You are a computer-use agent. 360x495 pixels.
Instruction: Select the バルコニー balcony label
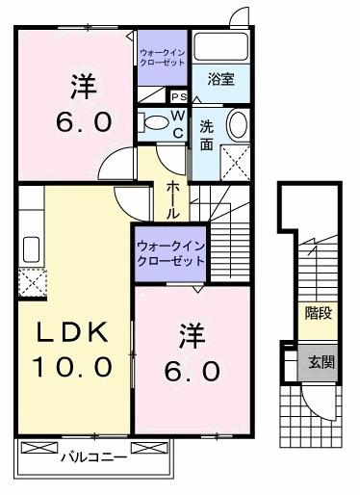coord(93,458)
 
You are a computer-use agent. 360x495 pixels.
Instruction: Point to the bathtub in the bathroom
coord(219,46)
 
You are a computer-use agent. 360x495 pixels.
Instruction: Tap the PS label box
coord(178,96)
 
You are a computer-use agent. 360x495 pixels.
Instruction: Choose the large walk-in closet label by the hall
coord(170,253)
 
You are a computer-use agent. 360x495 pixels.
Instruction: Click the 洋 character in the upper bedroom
coord(83,87)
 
